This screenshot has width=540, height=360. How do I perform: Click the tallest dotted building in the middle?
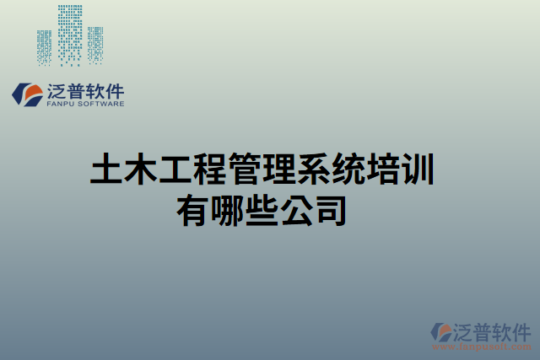point(70,34)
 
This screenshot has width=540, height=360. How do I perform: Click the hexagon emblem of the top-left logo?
point(27,94)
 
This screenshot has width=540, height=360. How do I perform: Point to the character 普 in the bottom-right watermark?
point(488,330)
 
